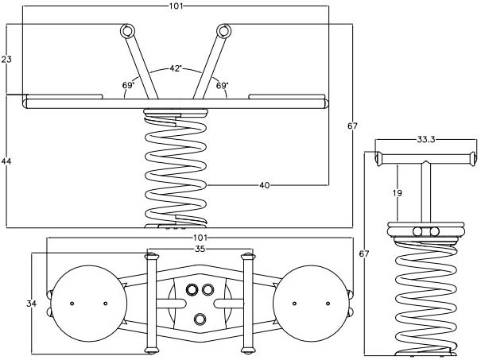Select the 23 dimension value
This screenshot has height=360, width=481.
coord(6,60)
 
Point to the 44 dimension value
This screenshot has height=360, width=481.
coord(6,161)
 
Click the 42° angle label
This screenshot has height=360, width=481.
coord(176,69)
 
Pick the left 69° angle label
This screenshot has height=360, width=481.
coord(127,84)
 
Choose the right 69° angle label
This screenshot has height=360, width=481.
coord(222,84)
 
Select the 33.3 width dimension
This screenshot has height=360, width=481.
coord(427,139)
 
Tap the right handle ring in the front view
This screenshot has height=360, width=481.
coord(223,31)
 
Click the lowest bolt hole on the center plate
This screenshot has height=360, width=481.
coord(200,319)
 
